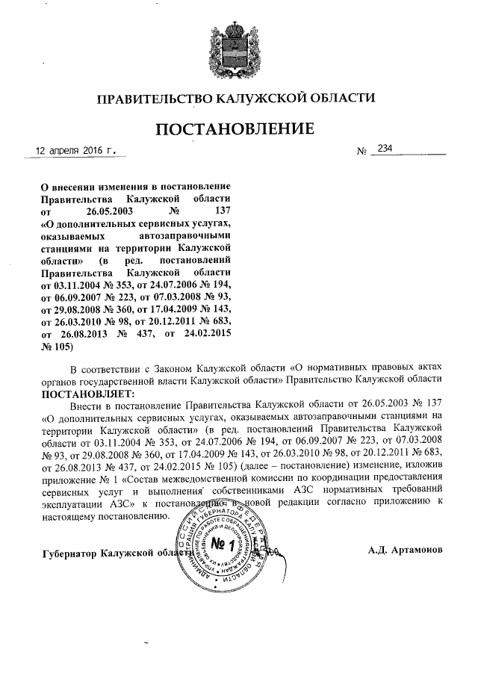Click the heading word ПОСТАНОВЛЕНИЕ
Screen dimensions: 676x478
235,129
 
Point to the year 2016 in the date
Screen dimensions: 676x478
102,150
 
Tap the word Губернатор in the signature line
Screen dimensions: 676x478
69,552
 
